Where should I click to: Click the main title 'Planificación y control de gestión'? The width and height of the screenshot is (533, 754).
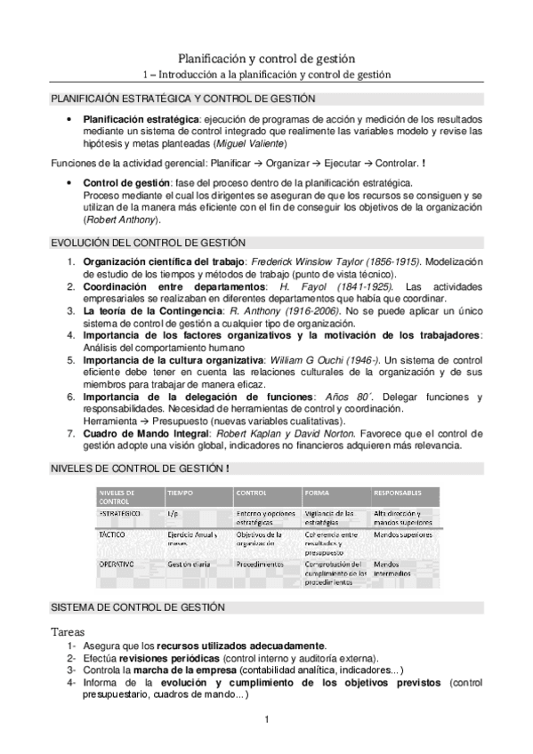pyautogui.click(x=266, y=57)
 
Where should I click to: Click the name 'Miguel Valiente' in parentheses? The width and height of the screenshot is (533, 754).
pyautogui.click(x=252, y=142)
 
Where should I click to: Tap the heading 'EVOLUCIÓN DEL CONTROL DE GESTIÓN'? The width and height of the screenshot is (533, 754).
pyautogui.click(x=148, y=243)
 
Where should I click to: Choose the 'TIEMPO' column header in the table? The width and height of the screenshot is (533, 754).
pyautogui.click(x=179, y=492)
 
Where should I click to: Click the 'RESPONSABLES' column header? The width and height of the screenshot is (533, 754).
pyautogui.click(x=399, y=492)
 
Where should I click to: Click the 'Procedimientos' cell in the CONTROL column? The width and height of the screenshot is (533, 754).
pyautogui.click(x=260, y=564)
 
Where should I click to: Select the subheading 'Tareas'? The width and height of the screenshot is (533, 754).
pyautogui.click(x=69, y=630)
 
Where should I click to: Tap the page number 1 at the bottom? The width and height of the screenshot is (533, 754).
pyautogui.click(x=266, y=719)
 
